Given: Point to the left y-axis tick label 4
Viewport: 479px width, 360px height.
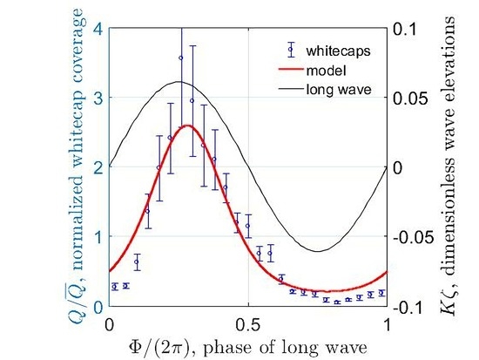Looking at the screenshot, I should pos(98,28).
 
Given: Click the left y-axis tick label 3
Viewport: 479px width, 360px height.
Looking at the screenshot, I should pos(98,98).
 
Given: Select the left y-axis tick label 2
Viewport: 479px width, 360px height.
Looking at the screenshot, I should pos(98,167).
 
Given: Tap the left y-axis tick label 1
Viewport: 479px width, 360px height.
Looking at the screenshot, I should pos(98,237).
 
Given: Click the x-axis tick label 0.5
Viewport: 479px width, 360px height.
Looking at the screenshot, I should pos(248,322).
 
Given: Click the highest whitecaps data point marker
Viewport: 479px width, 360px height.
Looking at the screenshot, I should pos(181,58).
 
